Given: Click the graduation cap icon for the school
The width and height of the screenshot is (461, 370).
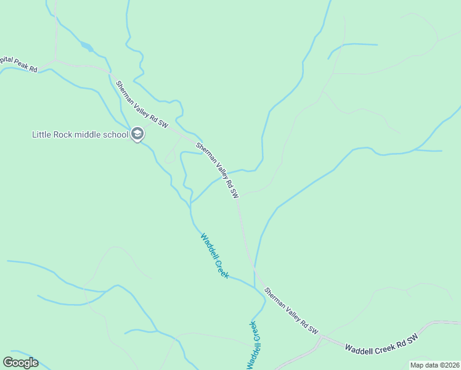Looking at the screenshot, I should (137, 134).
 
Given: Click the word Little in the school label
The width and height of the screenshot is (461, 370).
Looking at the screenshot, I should (43, 134).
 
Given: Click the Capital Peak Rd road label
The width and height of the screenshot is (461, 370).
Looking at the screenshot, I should (18, 66).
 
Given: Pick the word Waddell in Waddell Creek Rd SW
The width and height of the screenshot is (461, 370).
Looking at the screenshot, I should (357, 348).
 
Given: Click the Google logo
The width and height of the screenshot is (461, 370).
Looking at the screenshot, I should (20, 363).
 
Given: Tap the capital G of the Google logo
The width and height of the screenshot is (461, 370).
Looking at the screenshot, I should (8, 362).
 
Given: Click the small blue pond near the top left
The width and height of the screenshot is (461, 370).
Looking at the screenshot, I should (86, 46).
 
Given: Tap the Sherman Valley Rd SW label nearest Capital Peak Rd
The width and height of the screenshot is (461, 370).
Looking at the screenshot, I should (142, 103).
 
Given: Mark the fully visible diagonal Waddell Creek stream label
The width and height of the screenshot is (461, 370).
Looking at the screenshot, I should (214, 255).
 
